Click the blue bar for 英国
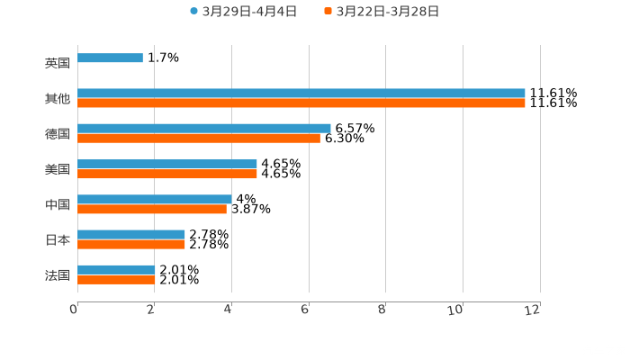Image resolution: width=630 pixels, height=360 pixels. point(110,58)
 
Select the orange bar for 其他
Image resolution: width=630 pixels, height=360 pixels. point(301,103)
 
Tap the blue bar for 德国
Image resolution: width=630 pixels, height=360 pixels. point(203,128)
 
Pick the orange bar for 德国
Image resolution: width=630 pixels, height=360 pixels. point(198,139)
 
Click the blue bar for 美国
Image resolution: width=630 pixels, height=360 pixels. point(166,164)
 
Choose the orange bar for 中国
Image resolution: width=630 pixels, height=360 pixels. point(151,209)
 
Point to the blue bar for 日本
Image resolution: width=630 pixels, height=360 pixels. point(130,234)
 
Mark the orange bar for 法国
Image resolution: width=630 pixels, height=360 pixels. point(116,280)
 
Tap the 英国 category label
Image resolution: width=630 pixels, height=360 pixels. point(58,64)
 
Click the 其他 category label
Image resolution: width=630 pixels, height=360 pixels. point(58,99)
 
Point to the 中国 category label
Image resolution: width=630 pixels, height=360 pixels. point(58,205)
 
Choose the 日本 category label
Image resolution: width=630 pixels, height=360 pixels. point(58,240)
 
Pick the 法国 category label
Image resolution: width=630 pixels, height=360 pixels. point(58,275)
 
